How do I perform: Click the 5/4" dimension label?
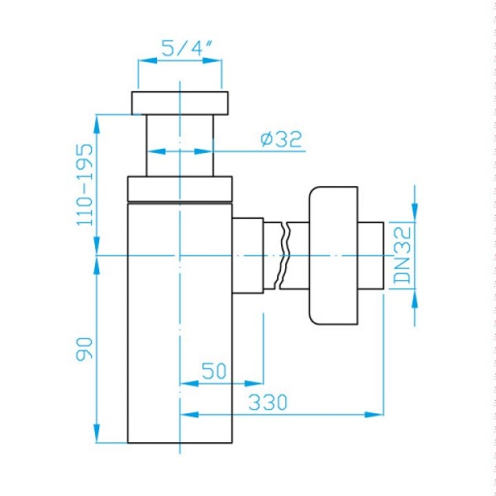(186, 49)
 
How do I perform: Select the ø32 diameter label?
(281, 139)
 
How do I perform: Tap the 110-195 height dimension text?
(85, 185)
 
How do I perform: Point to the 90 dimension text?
(84, 349)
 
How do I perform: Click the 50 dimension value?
(214, 370)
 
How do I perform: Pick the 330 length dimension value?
(268, 402)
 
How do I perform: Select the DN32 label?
(403, 255)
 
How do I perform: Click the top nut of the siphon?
(179, 103)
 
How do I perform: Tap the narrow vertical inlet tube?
(179, 145)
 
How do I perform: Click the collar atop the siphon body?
(179, 188)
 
